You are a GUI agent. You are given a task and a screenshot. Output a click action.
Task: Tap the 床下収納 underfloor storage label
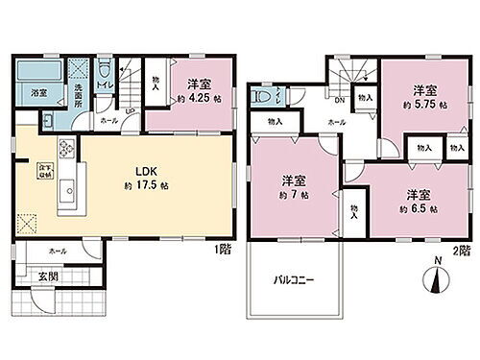click(43, 173)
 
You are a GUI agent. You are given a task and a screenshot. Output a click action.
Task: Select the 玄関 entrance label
click(48, 277)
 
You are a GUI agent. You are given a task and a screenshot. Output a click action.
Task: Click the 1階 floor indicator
click(224, 249)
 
